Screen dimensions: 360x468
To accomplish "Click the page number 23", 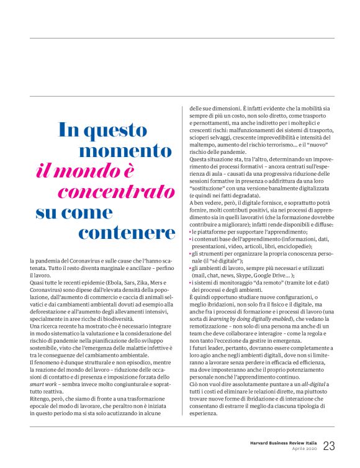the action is [x=328, y=446].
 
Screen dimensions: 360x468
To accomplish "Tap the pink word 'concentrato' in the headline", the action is [x=117, y=191].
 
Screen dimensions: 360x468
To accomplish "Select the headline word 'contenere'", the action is [x=127, y=233].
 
